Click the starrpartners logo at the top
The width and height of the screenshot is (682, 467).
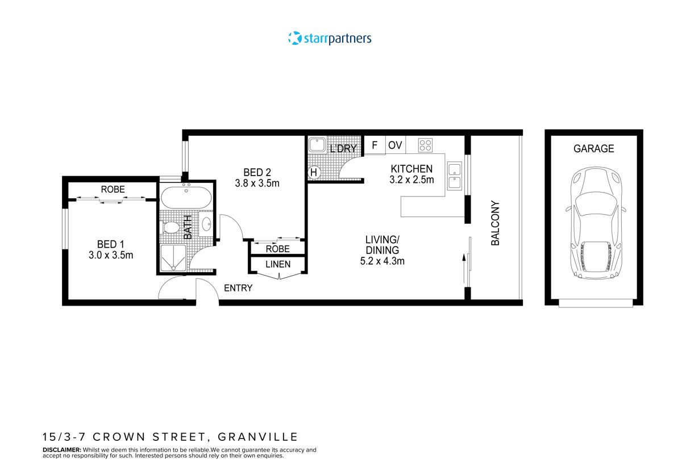click(330, 39)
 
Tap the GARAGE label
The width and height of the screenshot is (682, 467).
click(593, 149)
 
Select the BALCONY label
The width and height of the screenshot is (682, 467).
click(495, 223)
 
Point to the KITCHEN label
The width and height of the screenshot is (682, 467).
click(411, 169)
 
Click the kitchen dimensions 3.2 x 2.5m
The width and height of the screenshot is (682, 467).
click(411, 180)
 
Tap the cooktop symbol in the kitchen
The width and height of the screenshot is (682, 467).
click(425, 145)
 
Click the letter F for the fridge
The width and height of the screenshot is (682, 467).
click(375, 145)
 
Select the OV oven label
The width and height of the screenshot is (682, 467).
click(395, 145)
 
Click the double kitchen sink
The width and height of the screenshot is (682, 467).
click(455, 176)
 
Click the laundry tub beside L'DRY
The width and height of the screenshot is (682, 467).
click(317, 145)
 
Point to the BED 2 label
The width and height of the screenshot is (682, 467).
click(253, 172)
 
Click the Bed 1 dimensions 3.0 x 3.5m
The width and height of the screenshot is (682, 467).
click(111, 255)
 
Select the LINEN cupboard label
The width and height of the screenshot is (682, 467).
click(278, 264)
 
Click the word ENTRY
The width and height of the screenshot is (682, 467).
click(238, 288)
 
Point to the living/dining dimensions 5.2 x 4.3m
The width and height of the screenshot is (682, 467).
click(382, 261)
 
